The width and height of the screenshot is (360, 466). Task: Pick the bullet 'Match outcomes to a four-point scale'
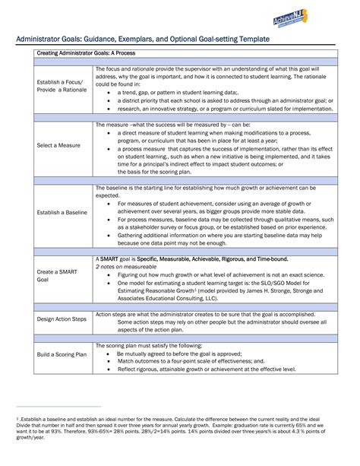tap(191, 361)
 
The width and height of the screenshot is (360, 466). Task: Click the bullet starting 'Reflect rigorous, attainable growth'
tap(209, 369)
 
